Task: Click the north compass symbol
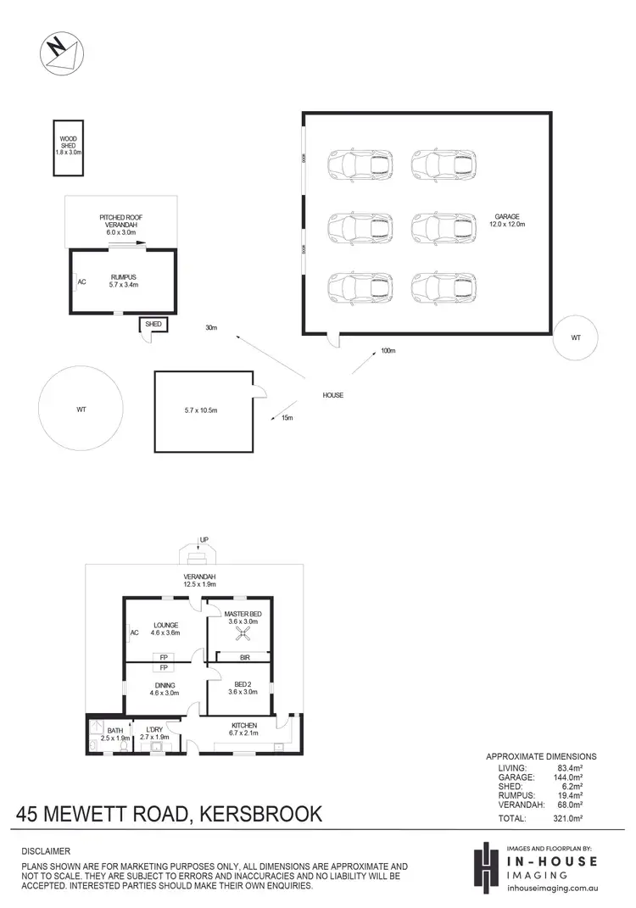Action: (59, 53)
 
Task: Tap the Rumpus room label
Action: (122, 281)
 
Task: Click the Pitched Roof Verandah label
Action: (120, 225)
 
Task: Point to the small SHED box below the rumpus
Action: (153, 325)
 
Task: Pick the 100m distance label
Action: (388, 349)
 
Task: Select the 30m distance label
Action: (210, 327)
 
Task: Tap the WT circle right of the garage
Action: (576, 337)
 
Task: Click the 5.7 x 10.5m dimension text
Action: (202, 411)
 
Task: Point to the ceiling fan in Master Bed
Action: (241, 634)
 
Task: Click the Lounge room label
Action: (165, 629)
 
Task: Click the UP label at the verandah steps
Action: (204, 539)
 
